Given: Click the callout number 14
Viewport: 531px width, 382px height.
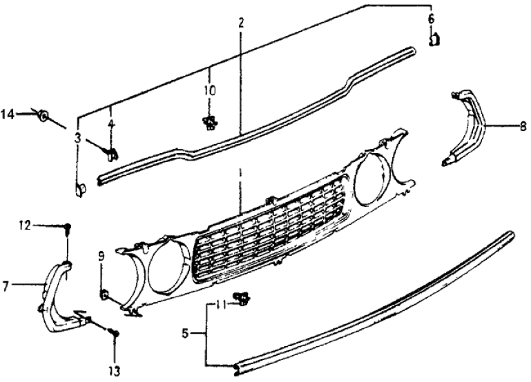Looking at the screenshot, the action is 8,115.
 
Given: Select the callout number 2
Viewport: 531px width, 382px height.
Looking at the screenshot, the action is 241,23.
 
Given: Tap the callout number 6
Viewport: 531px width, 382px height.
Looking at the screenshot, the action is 431,19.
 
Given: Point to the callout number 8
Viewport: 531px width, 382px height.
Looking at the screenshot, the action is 523,126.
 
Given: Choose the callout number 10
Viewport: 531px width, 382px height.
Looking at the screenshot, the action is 210,90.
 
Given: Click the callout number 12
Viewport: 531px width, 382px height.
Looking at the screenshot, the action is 25,225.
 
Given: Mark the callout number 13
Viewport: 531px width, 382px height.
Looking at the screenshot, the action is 115,372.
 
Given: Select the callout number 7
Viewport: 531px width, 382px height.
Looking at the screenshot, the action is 5,287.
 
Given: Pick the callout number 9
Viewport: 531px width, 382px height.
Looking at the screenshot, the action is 102,258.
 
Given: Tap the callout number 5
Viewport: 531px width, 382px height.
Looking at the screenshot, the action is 185,334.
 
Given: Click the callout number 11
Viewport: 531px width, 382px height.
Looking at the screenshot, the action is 220,305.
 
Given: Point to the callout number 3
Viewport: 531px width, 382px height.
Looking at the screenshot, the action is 78,139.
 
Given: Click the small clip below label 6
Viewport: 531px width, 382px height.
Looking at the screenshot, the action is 434,40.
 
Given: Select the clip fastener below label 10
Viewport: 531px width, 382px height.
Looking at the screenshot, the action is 210,122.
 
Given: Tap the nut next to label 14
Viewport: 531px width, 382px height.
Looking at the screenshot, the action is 43,116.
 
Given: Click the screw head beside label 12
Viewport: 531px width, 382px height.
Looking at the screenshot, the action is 68,228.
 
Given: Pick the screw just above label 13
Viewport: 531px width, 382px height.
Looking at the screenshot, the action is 115,333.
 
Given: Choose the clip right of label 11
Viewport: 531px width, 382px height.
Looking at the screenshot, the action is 242,297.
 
